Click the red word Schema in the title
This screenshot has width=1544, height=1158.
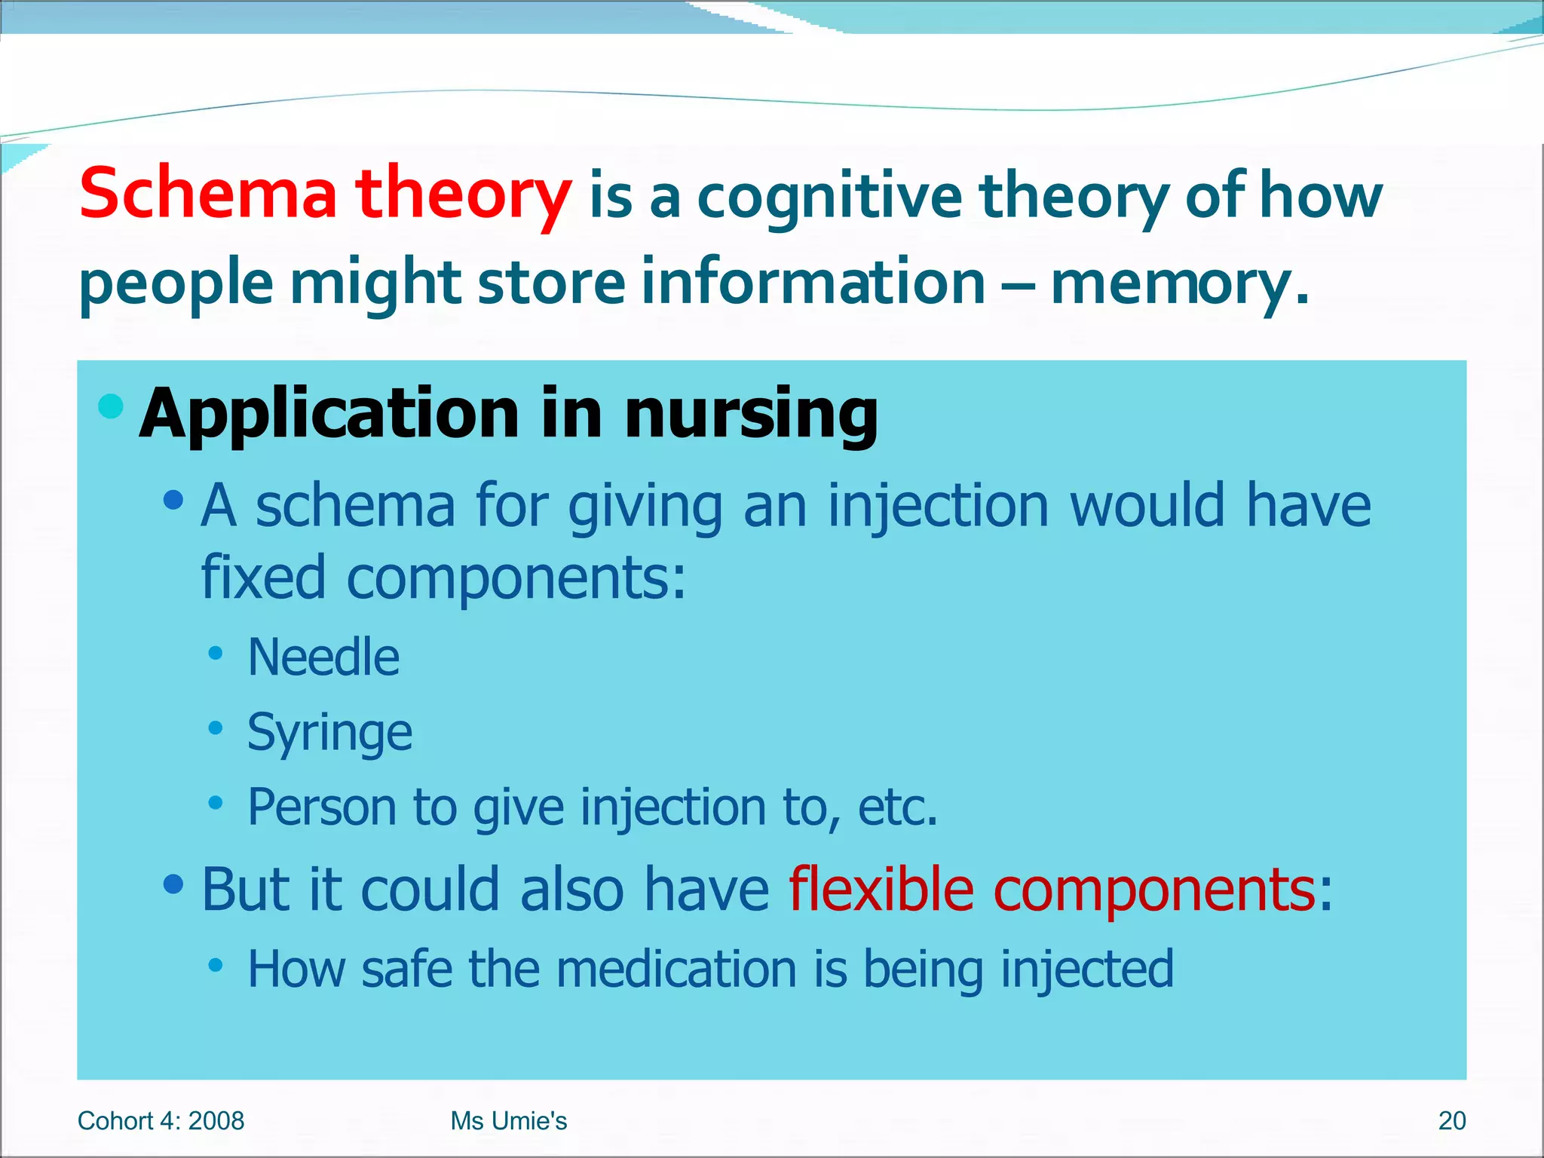click(x=207, y=195)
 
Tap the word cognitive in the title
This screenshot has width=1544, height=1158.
click(x=829, y=198)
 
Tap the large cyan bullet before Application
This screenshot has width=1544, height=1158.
click(x=111, y=406)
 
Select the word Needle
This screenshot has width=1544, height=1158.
click(x=323, y=657)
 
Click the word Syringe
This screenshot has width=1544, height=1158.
click(x=329, y=733)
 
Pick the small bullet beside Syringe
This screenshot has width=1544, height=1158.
click(x=216, y=728)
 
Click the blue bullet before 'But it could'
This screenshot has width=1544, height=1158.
click(x=173, y=883)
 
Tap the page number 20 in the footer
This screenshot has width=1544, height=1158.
click(x=1451, y=1121)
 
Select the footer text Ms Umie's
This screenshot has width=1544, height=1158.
click(x=508, y=1121)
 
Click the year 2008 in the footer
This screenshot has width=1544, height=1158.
click(x=216, y=1121)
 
